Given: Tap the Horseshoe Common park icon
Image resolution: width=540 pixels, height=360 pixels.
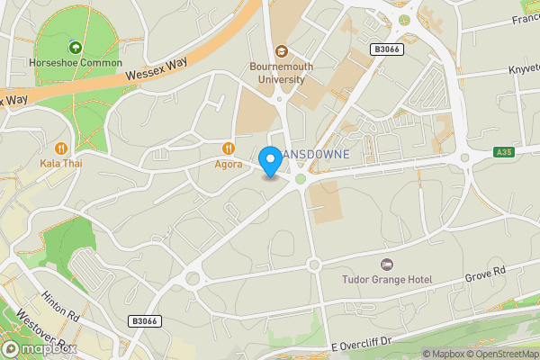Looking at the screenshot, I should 74,47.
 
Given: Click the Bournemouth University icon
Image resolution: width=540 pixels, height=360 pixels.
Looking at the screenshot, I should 281,50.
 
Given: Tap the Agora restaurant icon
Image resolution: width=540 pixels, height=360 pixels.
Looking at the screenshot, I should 229,148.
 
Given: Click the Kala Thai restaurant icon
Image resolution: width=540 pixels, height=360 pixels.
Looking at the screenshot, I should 61,148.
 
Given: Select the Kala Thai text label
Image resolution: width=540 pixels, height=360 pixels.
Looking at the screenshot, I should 61,164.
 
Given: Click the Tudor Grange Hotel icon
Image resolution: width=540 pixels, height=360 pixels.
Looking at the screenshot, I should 387,264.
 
